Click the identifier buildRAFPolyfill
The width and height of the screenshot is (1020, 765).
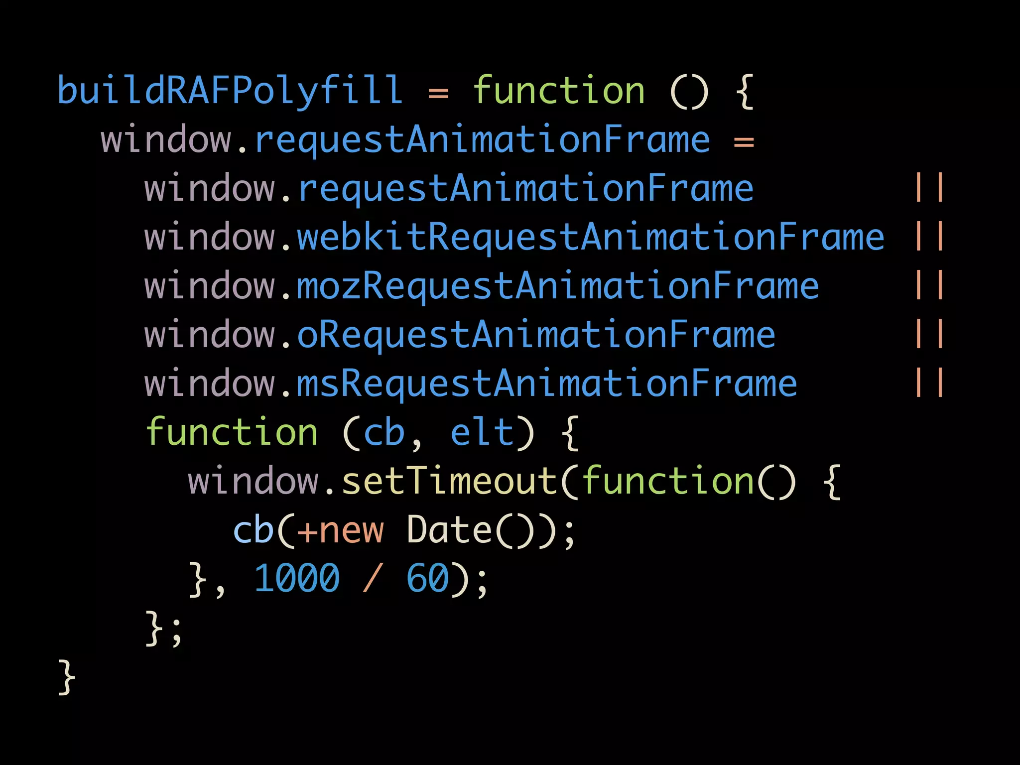pos(230,91)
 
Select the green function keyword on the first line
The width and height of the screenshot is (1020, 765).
pos(559,91)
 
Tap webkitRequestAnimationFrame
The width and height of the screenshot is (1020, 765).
pos(591,237)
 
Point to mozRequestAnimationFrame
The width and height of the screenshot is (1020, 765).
pos(558,286)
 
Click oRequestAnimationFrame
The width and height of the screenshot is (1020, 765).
pos(536,335)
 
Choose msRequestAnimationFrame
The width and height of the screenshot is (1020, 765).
pos(547,383)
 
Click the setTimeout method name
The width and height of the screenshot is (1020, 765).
pos(449,481)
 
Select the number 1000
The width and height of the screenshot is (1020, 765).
pos(297,579)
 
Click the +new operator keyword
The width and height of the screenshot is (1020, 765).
pos(341,530)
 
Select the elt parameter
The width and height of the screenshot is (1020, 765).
pos(482,432)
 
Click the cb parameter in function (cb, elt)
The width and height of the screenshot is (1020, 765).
pos(384,432)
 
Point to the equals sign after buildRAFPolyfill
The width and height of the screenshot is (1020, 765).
pos(438,93)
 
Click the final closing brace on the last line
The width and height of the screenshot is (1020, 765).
pos(67,677)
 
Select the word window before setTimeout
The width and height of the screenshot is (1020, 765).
pos(254,481)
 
